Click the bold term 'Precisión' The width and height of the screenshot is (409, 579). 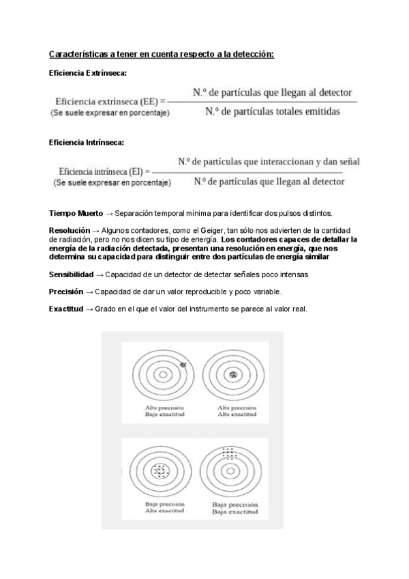(66, 292)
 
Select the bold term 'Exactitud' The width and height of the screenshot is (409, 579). (66, 309)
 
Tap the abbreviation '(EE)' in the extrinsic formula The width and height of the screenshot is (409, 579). (149, 101)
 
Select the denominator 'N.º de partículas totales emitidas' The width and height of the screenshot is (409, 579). (272, 112)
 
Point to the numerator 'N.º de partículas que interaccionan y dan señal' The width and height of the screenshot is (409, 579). (269, 162)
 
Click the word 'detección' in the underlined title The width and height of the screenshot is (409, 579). (249, 53)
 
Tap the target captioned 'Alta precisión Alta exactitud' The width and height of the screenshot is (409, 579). (234, 374)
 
